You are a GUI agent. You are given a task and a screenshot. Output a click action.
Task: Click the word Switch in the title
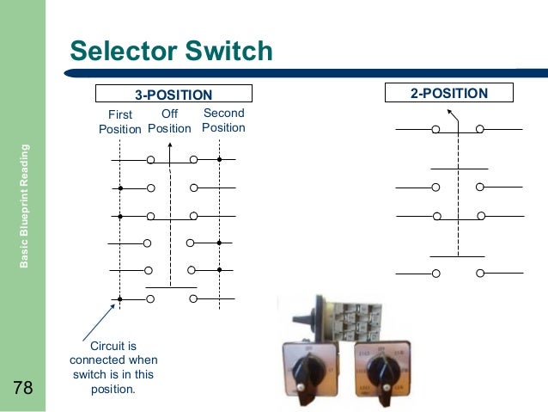229,52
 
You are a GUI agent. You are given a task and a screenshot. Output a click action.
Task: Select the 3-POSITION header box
174,94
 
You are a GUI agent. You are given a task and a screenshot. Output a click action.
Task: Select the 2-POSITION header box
448,93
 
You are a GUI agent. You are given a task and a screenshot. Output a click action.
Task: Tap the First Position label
119,121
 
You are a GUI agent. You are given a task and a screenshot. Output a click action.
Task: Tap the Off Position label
169,121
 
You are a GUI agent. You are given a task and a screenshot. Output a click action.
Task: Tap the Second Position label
223,120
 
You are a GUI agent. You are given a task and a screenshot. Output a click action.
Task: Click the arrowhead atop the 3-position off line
170,146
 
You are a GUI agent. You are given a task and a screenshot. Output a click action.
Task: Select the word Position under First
119,129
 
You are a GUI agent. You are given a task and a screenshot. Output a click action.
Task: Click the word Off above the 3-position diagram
169,114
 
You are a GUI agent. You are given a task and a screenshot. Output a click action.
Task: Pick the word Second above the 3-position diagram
223,113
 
